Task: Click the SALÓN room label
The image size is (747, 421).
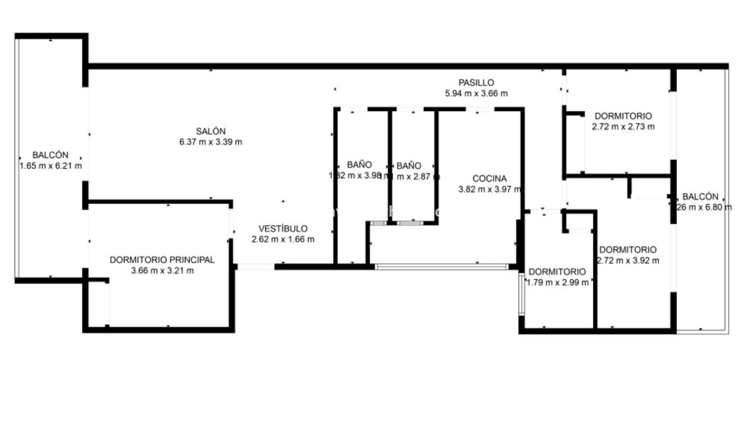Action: tap(211, 131)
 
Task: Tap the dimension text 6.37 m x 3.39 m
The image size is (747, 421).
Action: tap(211, 142)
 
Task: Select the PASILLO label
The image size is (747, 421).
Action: tap(476, 83)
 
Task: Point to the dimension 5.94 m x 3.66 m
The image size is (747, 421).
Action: tap(476, 93)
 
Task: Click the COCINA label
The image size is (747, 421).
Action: tap(489, 179)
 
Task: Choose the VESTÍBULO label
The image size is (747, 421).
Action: tap(283, 229)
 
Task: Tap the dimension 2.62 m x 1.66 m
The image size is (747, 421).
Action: tap(283, 239)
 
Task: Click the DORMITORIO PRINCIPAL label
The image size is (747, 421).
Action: tap(162, 260)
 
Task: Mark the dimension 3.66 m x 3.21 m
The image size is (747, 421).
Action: tap(162, 270)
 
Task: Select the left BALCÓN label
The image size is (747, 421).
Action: tap(51, 155)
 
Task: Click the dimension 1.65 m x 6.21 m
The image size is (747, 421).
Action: tap(51, 165)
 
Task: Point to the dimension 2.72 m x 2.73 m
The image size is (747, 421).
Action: tap(623, 126)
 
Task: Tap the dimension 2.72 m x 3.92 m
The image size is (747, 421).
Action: tap(628, 260)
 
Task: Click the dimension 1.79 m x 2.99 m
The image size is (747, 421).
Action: tap(558, 282)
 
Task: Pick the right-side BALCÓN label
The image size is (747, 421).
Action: tap(701, 196)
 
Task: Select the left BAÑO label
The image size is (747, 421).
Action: tap(359, 165)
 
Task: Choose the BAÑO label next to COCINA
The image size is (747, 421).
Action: tap(408, 165)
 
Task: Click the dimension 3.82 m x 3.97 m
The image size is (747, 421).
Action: tap(489, 190)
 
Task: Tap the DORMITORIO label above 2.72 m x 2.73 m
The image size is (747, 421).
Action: tap(623, 116)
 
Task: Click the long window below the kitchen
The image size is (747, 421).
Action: tap(441, 267)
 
